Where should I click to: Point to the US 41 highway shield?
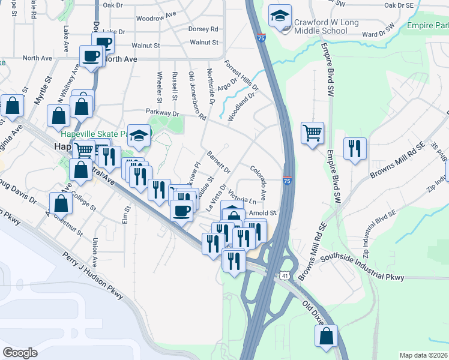coord(285,274)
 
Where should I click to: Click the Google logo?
coord(20,353)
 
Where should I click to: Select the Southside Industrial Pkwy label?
coord(363,268)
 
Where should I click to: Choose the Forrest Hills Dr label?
coord(241,76)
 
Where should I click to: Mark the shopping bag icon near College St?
coord(61,203)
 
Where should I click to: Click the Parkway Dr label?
coord(163,113)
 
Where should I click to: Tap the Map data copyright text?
coord(424,355)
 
